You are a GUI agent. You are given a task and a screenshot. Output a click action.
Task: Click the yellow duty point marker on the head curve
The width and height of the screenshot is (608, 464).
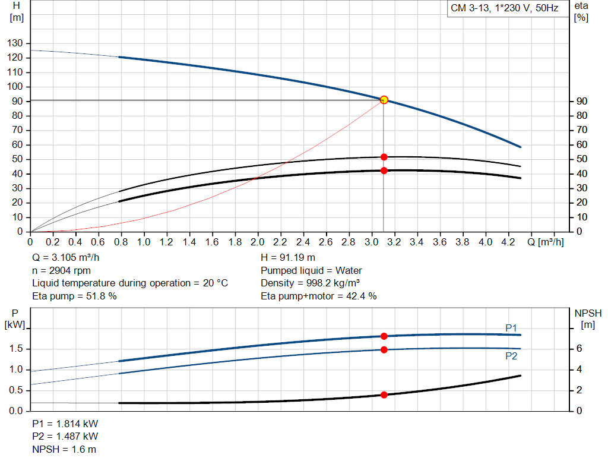tap(384, 100)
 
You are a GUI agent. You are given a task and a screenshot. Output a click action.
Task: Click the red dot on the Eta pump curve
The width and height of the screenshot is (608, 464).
tap(384, 157)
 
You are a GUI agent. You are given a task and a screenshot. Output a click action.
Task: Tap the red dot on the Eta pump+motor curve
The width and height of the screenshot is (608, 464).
tap(384, 171)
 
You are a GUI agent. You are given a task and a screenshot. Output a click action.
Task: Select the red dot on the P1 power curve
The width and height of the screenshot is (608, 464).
tap(384, 336)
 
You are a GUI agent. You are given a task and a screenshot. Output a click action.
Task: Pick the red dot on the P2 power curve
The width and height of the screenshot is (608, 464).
tap(384, 349)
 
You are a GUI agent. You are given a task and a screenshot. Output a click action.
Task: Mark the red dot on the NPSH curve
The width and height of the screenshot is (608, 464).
tap(384, 394)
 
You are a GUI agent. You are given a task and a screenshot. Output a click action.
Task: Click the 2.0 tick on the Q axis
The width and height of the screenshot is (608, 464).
tap(258, 242)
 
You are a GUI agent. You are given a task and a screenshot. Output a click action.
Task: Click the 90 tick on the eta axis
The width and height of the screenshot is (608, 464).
tap(582, 102)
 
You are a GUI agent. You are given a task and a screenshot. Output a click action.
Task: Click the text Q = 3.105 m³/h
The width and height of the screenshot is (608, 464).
tap(71, 258)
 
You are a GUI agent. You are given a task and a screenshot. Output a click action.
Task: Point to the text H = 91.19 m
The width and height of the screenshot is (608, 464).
tap(288, 258)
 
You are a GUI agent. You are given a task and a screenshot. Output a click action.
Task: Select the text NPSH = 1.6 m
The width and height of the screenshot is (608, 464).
tap(64, 449)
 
